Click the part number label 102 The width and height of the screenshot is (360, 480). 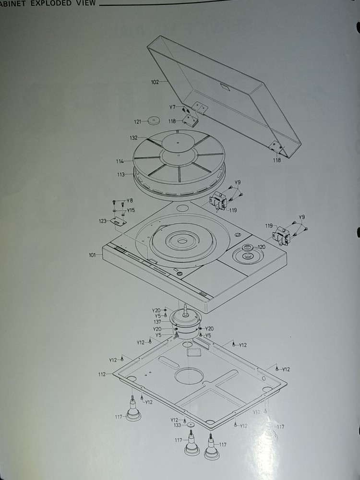point(155,82)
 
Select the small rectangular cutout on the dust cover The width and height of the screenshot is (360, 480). point(226,87)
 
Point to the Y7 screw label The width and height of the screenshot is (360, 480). point(172,107)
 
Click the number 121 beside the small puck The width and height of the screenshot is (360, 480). point(138,122)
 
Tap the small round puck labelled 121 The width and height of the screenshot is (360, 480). point(154,120)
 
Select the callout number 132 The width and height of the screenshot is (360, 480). point(134,138)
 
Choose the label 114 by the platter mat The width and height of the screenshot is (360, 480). point(120,161)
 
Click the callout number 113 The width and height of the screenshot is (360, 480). point(121,175)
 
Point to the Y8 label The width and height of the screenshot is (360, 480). point(130,201)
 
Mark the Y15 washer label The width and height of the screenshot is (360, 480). point(131,210)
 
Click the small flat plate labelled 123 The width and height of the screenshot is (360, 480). point(118,221)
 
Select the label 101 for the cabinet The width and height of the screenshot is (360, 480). point(93,255)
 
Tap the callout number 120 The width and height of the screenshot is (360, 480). point(262,247)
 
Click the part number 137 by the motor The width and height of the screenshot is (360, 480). point(157,322)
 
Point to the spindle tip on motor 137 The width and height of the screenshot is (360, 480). point(185,305)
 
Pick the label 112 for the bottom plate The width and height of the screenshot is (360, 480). point(102,374)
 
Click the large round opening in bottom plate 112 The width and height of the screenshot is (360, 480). point(189,376)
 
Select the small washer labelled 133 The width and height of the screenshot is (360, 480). point(191,425)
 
